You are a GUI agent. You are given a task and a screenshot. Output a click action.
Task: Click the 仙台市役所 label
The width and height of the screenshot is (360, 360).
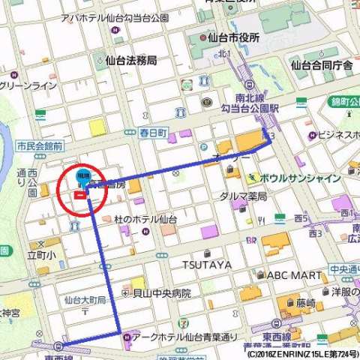click(x=233, y=37)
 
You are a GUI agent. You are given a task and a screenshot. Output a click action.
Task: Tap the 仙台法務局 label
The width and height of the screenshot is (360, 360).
click(x=131, y=59)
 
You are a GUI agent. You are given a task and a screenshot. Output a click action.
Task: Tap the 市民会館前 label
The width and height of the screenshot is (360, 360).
click(x=40, y=147)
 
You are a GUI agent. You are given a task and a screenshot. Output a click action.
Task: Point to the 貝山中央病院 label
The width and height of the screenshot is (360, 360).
click(x=166, y=293)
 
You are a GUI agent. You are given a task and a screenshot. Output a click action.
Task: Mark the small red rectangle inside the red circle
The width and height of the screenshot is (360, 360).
click(x=79, y=196)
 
